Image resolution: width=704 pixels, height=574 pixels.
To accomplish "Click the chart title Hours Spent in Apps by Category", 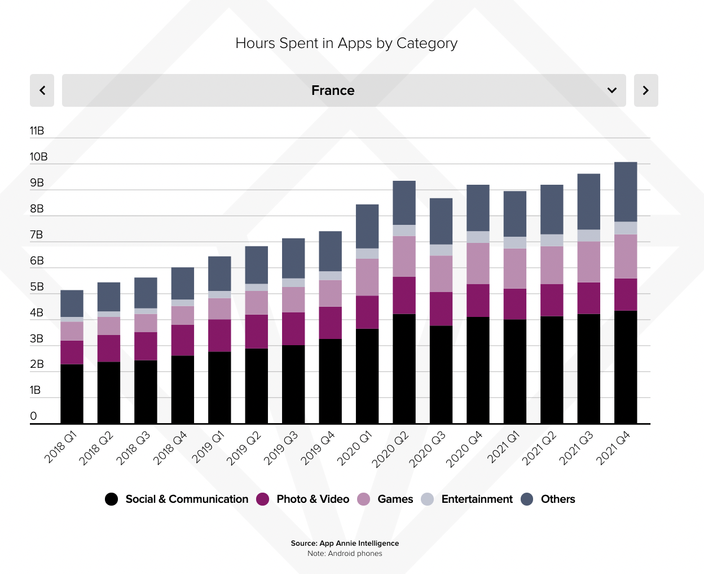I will (x=346, y=44).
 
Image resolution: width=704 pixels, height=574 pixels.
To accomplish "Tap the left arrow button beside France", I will (x=42, y=90).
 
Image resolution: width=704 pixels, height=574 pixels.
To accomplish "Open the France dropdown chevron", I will (x=612, y=90).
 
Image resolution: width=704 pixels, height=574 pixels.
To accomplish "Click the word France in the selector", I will (x=333, y=90).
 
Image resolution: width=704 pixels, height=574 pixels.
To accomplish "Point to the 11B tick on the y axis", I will (x=37, y=131).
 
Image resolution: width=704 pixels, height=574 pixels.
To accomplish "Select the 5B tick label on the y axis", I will (x=37, y=287).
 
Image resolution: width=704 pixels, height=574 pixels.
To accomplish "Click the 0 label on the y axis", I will (x=33, y=416).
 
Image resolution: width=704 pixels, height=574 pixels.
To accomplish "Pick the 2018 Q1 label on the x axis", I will (x=60, y=447).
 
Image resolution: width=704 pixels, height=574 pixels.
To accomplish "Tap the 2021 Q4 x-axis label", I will (x=613, y=448).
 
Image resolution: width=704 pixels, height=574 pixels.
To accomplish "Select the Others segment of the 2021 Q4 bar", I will (x=626, y=192).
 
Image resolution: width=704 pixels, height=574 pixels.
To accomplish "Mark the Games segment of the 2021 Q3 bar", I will (x=589, y=262).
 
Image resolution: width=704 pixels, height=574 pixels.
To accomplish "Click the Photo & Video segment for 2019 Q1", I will (x=219, y=336).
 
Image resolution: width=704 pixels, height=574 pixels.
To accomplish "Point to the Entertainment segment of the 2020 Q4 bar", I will (x=478, y=237).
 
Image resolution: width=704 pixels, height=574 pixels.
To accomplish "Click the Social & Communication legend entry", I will (x=177, y=499).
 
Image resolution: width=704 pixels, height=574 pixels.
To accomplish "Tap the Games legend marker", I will (x=364, y=499).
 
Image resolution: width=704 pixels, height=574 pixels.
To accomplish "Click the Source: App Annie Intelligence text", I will (x=345, y=543).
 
